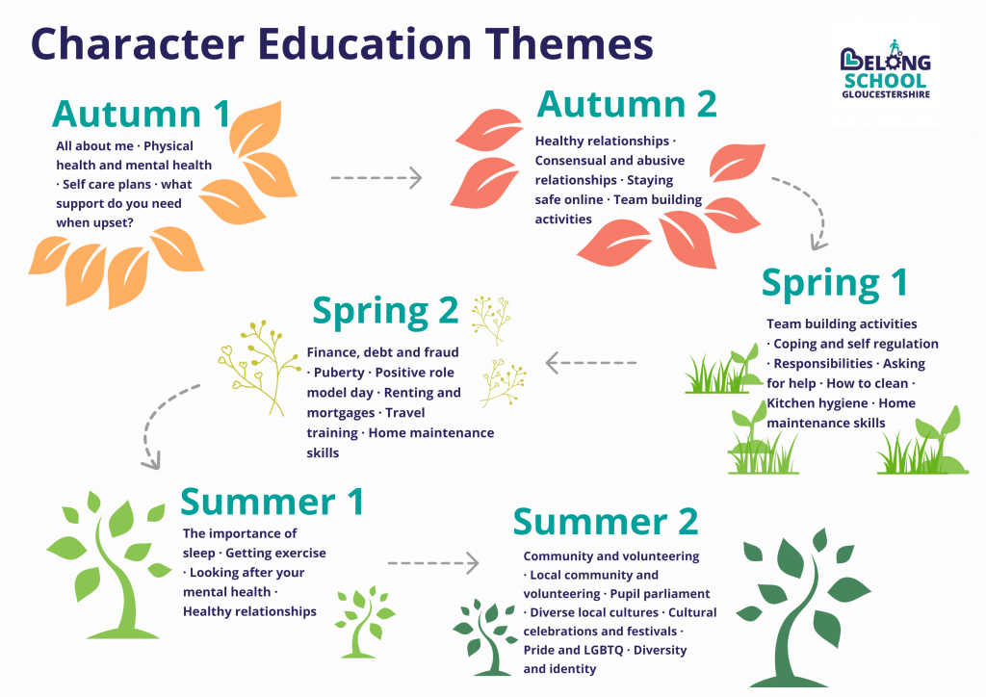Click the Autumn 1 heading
[x=141, y=114]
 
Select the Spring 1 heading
[x=834, y=283]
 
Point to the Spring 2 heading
[x=385, y=312]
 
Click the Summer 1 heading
[x=272, y=501]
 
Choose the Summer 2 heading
[x=606, y=521]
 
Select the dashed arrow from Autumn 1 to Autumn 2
[x=376, y=177]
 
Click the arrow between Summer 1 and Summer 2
[x=432, y=561]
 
